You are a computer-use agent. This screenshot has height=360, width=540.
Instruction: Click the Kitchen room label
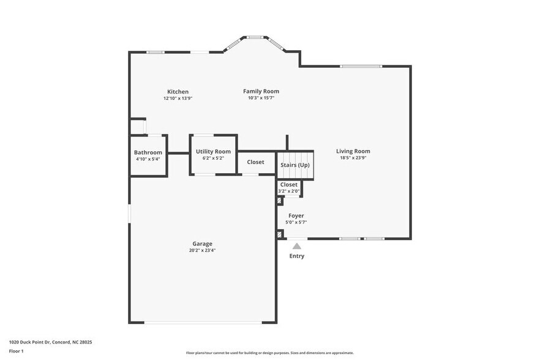[178, 92]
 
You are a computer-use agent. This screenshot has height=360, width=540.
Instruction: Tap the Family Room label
[261, 91]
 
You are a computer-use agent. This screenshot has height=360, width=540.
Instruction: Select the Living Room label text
[353, 151]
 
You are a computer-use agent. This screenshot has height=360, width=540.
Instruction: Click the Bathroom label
[148, 152]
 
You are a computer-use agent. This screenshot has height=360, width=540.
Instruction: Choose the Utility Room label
[213, 151]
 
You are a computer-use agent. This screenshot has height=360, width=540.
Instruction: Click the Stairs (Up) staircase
[295, 165]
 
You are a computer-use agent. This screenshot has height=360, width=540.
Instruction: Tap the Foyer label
[296, 216]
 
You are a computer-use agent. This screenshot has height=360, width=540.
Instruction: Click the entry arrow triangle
[296, 246]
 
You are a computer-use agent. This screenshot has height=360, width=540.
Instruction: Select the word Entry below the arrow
[296, 256]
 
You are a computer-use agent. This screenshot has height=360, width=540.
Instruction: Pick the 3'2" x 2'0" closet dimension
[289, 191]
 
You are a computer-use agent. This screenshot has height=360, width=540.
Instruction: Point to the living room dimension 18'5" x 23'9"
[353, 158]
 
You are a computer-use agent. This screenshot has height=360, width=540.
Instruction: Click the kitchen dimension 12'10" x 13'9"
[178, 99]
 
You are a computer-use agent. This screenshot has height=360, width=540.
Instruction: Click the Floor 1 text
[16, 351]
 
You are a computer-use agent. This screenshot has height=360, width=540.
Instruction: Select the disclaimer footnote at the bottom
[269, 353]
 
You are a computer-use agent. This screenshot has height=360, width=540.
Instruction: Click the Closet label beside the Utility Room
[255, 162]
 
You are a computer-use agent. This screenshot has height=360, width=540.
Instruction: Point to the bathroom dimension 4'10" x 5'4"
[148, 159]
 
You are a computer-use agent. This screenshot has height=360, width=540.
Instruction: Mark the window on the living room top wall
[361, 66]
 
